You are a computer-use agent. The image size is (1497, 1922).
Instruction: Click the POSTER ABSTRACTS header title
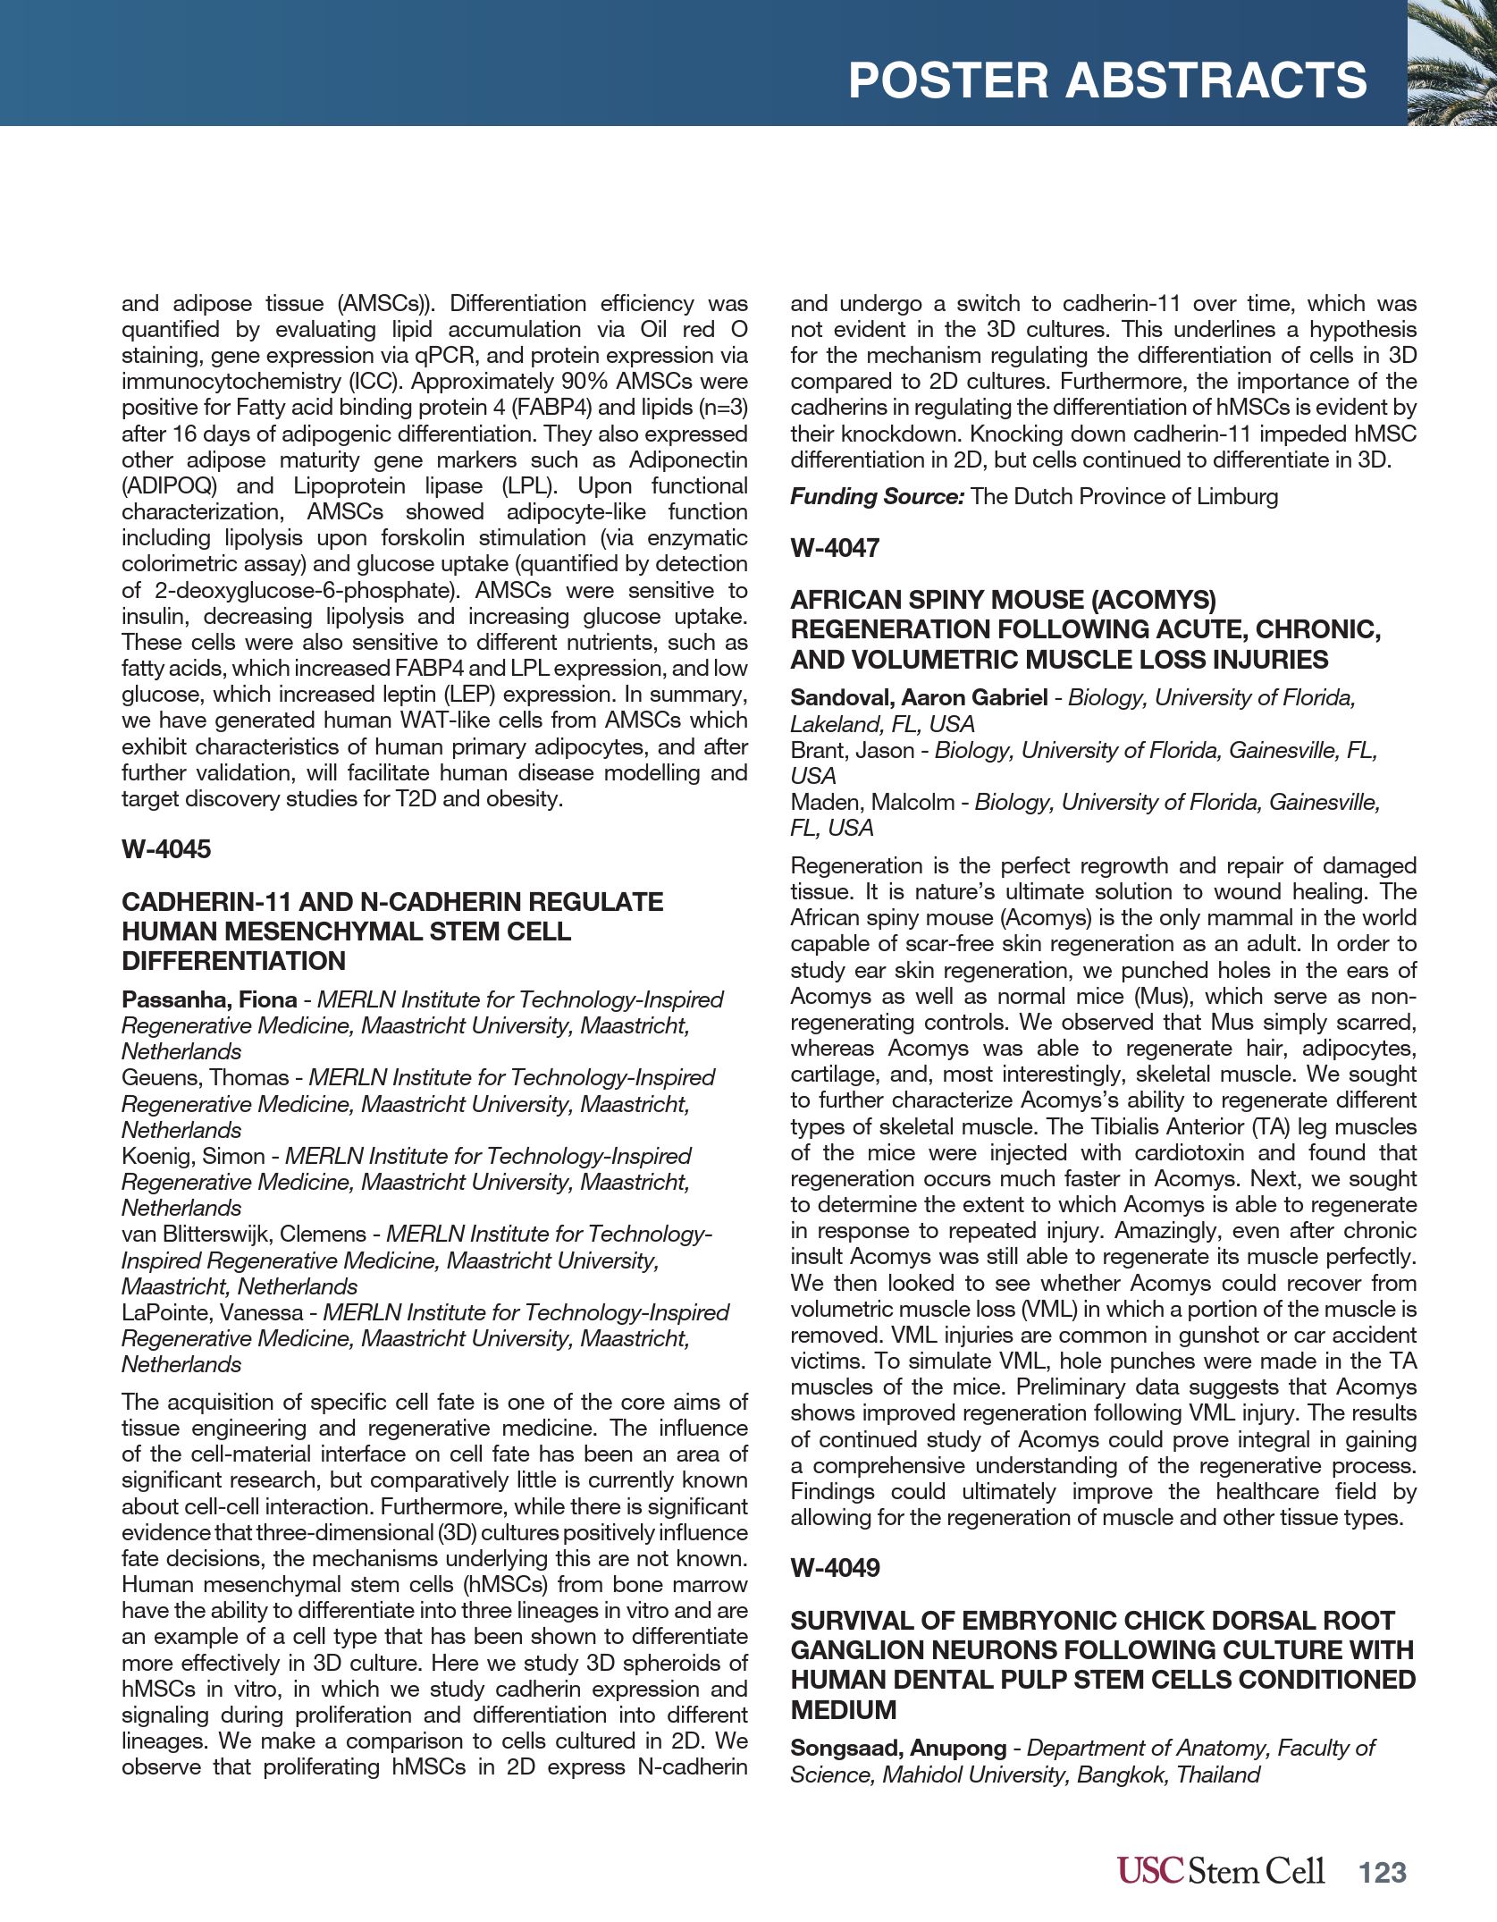click(x=1106, y=80)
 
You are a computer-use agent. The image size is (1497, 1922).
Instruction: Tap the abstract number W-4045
click(x=166, y=849)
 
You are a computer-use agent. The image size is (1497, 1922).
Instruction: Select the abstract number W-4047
click(x=835, y=548)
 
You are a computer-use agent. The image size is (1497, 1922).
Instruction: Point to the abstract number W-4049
click(x=835, y=1568)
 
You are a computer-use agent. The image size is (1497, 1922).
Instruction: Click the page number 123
click(x=1383, y=1873)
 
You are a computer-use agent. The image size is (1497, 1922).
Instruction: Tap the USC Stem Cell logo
click(x=1220, y=1871)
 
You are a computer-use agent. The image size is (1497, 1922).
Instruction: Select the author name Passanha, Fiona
click(x=209, y=999)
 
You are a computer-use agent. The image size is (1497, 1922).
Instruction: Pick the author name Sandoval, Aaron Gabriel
click(x=919, y=697)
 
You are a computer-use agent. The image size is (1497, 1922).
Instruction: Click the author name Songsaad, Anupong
click(x=897, y=1748)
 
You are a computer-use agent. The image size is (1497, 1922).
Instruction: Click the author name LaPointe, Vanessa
click(x=213, y=1312)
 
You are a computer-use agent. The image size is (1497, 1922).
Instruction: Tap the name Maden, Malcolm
click(x=872, y=802)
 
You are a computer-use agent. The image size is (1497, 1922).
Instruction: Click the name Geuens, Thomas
click(x=206, y=1077)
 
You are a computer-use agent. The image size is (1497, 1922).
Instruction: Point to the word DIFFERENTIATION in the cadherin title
click(x=233, y=961)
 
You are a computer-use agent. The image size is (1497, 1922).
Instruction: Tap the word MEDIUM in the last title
click(x=843, y=1709)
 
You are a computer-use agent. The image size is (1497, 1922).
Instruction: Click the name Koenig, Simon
click(x=193, y=1156)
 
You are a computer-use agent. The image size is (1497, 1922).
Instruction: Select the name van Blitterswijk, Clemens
click(x=244, y=1234)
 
